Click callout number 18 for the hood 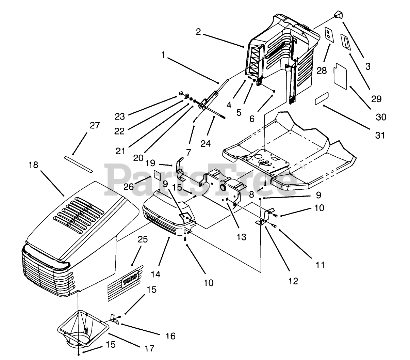point(34,165)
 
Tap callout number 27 point(95,125)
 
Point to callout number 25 point(143,240)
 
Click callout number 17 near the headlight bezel point(149,348)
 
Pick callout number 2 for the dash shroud point(198,32)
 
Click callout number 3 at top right point(367,66)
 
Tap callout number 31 point(380,135)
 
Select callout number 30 point(381,117)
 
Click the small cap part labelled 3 point(338,14)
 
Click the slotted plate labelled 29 point(346,43)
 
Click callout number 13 point(241,237)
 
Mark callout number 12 point(293,281)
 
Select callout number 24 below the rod point(206,143)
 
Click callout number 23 point(119,116)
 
